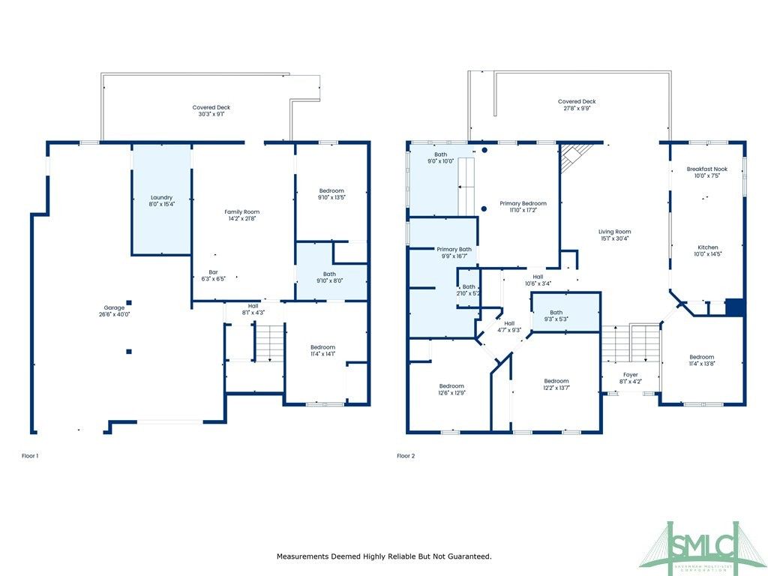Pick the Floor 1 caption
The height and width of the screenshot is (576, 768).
point(30,455)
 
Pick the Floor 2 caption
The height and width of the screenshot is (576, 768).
point(406,455)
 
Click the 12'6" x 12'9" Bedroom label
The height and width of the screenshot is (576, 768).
point(452,388)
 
